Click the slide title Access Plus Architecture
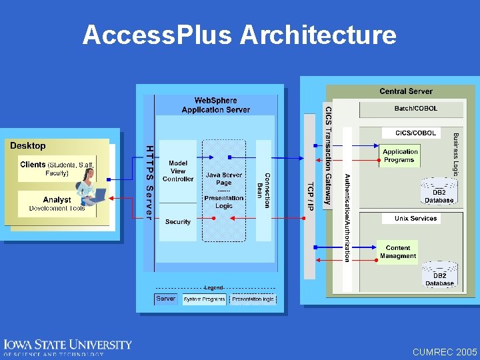239,35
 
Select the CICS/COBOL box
415,133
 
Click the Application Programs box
400,156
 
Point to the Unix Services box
415,219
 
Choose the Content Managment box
398,252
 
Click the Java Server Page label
224,179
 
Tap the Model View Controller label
178,171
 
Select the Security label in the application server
178,222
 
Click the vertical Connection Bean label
264,190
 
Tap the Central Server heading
405,91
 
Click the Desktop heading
28,145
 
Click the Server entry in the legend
166,299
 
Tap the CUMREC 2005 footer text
445,351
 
